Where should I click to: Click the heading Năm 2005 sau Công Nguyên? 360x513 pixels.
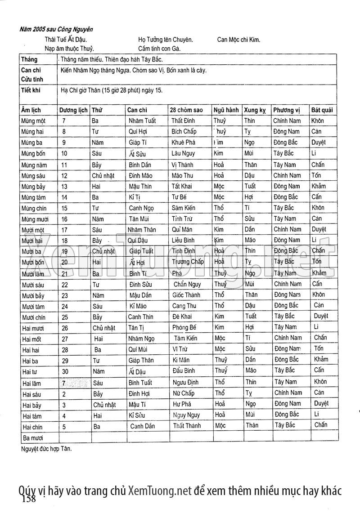tap(56, 30)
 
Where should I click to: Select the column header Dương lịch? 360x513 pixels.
tap(73, 110)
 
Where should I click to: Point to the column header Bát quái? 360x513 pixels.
tap(322, 110)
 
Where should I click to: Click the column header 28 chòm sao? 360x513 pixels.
tap(186, 110)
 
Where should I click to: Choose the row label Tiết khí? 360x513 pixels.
tap(30, 90)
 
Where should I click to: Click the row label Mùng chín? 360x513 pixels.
tap(34, 208)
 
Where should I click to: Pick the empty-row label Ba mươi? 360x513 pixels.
tap(32, 437)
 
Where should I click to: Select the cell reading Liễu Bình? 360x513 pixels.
tap(183, 241)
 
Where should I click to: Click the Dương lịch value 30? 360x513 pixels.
tap(65, 371)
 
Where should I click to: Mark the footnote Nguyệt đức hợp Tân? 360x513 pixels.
tap(46, 448)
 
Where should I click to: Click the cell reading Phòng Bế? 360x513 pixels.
tap(184, 328)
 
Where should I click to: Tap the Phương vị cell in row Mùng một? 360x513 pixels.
tap(287, 121)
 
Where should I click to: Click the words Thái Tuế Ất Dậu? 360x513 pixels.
tap(66, 39)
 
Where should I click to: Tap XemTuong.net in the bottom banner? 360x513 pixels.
tap(160, 490)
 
